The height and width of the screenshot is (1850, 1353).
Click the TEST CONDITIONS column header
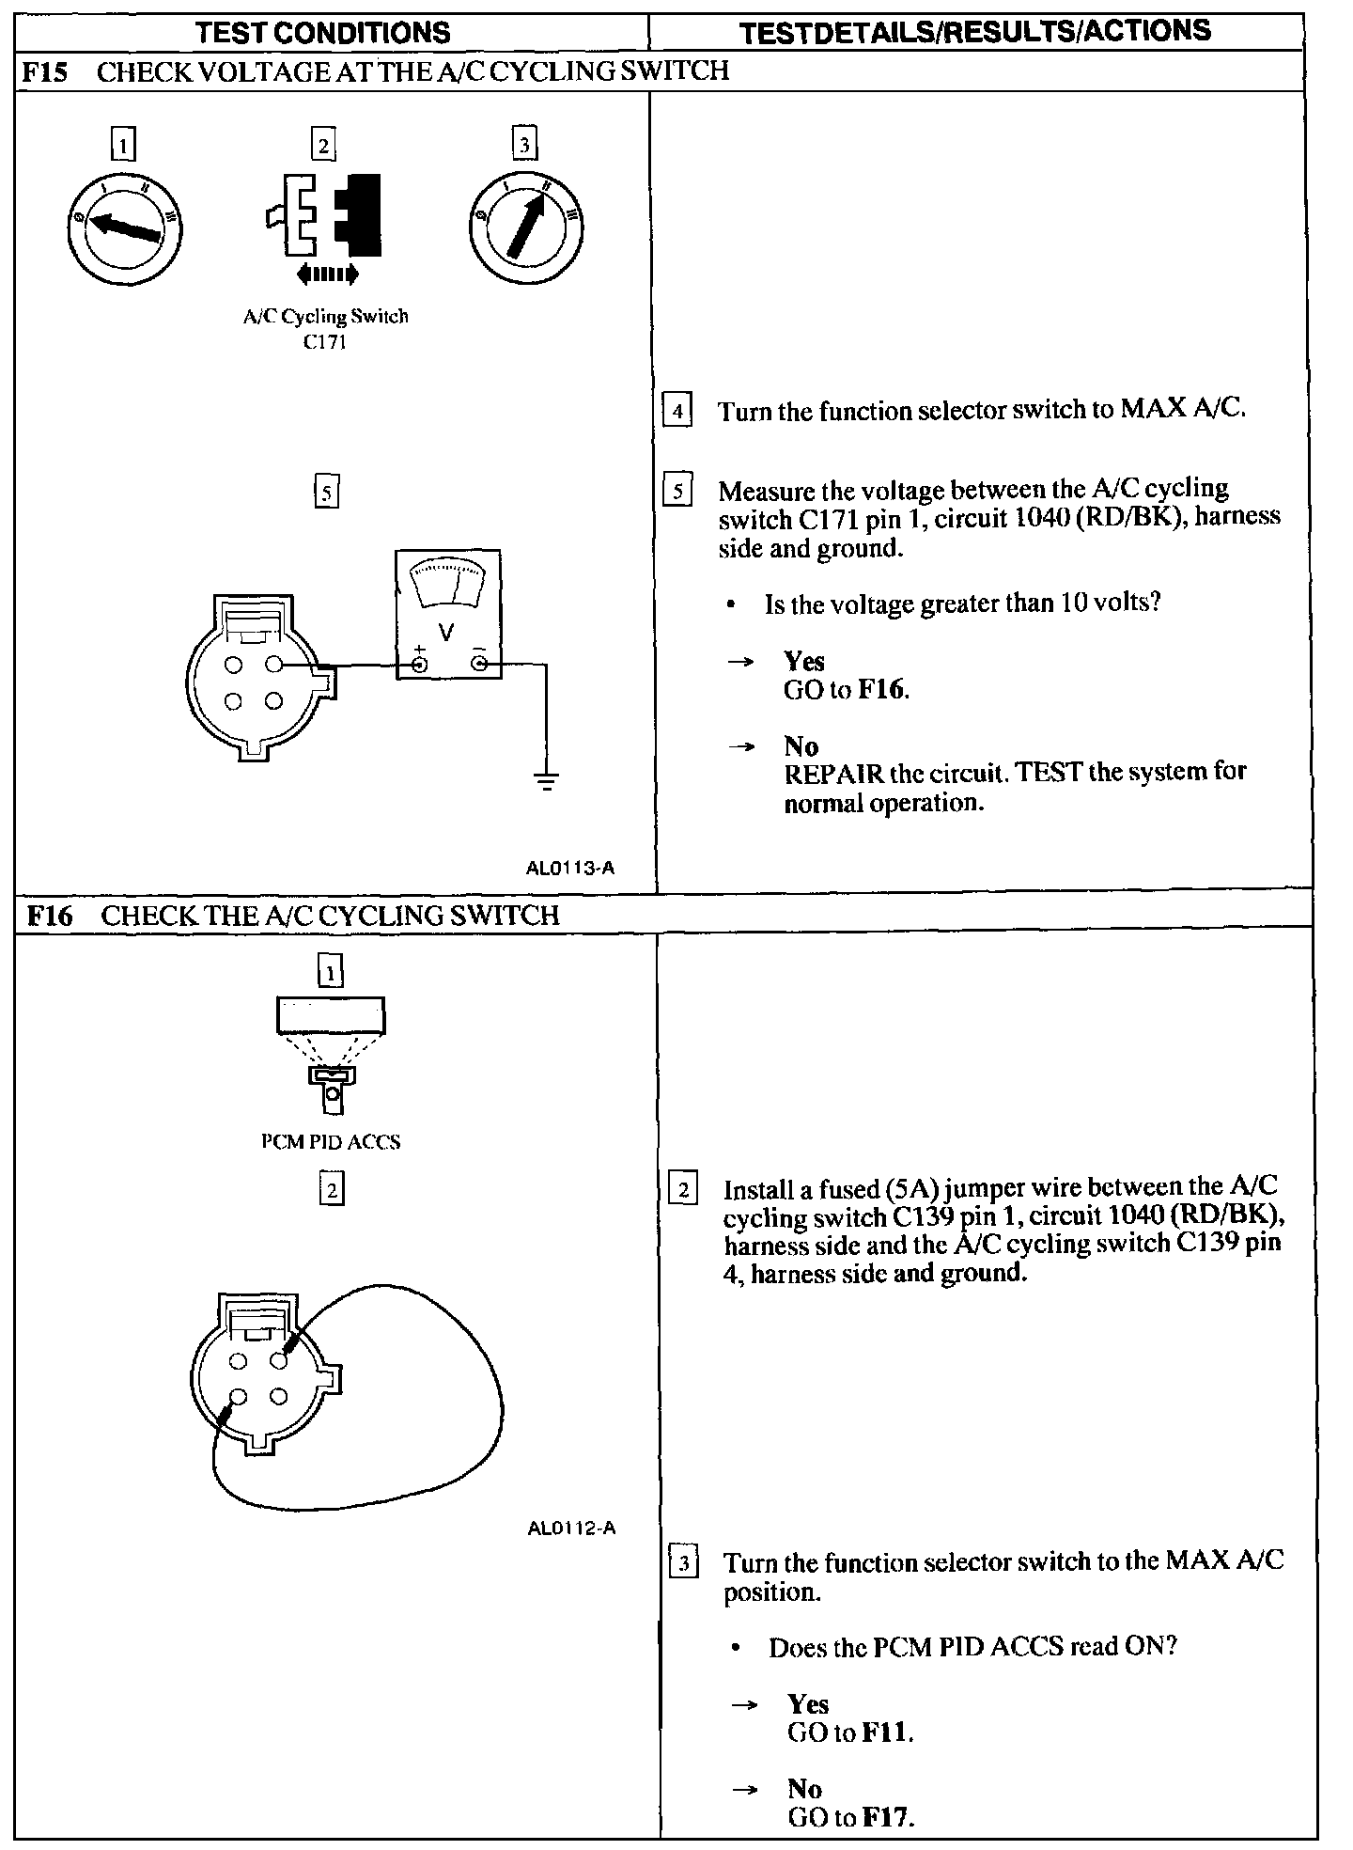point(322,33)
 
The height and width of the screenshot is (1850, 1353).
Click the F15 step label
point(44,72)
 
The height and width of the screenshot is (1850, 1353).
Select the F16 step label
point(49,915)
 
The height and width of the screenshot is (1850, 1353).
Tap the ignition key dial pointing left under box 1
point(125,227)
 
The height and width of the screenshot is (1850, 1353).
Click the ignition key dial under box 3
point(525,227)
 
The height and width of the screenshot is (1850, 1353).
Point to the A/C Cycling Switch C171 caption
point(325,328)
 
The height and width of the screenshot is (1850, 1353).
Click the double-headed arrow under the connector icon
point(326,274)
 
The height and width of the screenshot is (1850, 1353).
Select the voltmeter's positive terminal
point(420,666)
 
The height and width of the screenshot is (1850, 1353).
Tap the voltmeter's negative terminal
point(479,666)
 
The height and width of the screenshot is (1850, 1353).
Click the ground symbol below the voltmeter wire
point(546,779)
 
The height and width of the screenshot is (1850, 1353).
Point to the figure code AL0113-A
point(570,868)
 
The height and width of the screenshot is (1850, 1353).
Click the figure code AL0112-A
point(571,1528)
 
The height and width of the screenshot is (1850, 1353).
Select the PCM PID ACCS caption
point(331,1142)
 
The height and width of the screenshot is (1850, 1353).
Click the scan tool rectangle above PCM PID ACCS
point(331,1016)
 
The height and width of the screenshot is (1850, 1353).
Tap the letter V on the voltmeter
point(446,633)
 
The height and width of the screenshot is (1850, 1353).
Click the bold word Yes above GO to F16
point(804,662)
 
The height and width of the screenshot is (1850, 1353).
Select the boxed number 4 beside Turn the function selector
point(677,411)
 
